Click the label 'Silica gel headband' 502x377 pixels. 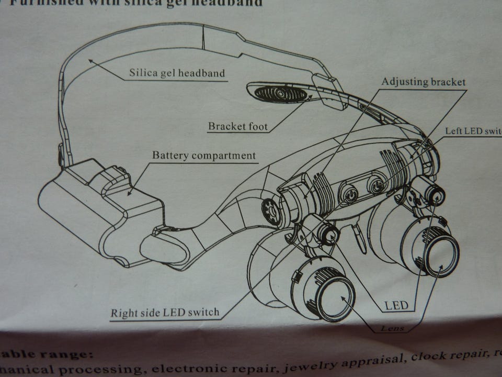(177, 72)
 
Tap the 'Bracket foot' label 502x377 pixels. (237, 126)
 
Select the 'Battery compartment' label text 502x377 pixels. (204, 156)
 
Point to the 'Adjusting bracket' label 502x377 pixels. (423, 82)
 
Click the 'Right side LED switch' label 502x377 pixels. (164, 313)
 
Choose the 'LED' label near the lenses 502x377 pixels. (396, 305)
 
